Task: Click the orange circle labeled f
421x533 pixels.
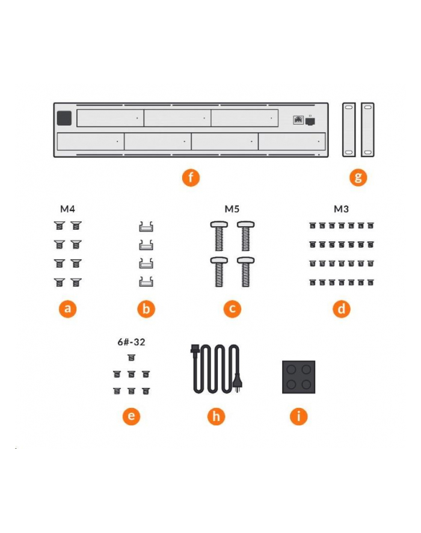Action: click(191, 177)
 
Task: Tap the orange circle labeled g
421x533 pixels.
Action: click(358, 177)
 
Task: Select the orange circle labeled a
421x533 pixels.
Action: click(67, 309)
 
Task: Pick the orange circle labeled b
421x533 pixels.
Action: click(146, 309)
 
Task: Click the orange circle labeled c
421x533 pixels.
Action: click(232, 309)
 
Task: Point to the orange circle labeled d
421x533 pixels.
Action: click(342, 309)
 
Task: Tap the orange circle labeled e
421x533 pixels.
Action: click(131, 416)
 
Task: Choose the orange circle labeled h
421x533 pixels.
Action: click(216, 416)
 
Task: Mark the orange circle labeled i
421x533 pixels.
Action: click(299, 416)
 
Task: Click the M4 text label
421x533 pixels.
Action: click(67, 209)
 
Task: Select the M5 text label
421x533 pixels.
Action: click(232, 209)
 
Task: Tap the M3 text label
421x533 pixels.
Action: click(342, 209)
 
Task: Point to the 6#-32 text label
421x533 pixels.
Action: click(131, 342)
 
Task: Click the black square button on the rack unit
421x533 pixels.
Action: click(64, 118)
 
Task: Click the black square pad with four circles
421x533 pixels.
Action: click(299, 377)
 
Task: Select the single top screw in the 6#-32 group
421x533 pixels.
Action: click(131, 357)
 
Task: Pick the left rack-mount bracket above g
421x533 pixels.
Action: click(349, 129)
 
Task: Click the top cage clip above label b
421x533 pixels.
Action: click(146, 227)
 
